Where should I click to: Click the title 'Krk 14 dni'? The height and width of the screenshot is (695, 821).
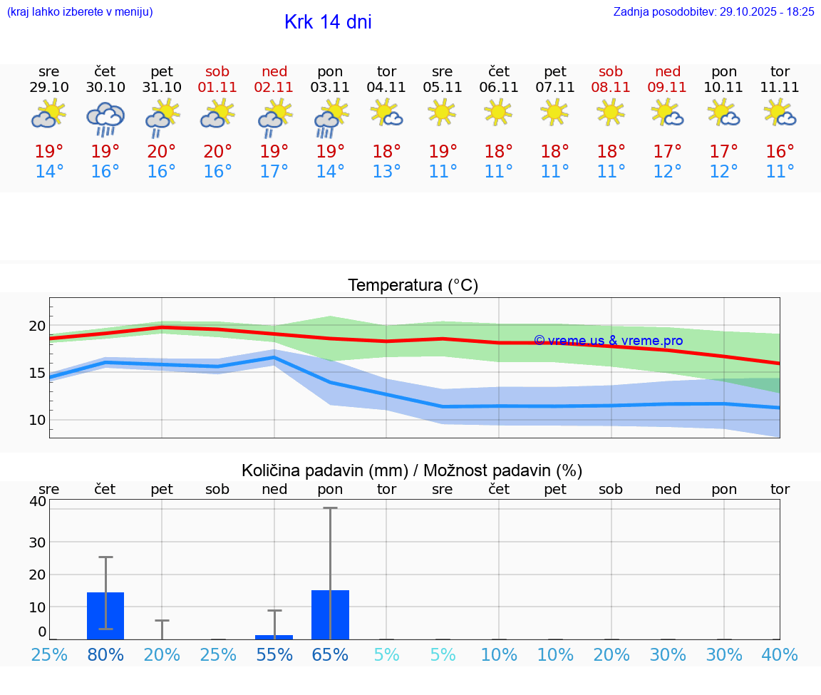click(x=328, y=22)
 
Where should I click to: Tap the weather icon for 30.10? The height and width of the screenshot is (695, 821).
click(x=105, y=118)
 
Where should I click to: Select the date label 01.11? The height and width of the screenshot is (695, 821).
click(x=218, y=88)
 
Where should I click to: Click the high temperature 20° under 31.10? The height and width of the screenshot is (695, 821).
click(x=162, y=152)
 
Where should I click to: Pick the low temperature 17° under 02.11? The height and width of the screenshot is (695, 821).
click(x=274, y=172)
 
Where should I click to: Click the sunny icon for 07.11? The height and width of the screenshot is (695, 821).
click(x=555, y=111)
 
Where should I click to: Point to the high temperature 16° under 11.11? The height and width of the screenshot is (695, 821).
click(x=780, y=152)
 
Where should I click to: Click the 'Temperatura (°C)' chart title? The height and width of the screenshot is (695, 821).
click(x=413, y=286)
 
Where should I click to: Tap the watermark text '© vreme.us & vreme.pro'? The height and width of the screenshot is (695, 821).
click(x=608, y=341)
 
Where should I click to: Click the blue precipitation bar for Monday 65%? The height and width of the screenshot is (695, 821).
click(x=330, y=614)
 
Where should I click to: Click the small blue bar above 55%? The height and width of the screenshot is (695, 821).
click(x=274, y=637)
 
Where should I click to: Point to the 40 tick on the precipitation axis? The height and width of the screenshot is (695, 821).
click(x=37, y=501)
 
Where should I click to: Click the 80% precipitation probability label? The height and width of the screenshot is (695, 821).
click(x=105, y=654)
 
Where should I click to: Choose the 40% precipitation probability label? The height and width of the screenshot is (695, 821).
click(x=780, y=654)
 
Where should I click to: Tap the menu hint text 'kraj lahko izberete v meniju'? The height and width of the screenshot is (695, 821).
click(x=80, y=12)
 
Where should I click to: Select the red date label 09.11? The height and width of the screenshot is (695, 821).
click(x=668, y=88)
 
